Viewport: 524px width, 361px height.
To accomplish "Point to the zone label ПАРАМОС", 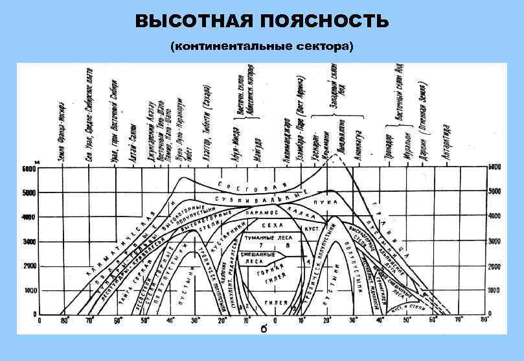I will click(262, 212).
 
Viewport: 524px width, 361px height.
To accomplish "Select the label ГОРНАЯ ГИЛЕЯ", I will click(271, 279).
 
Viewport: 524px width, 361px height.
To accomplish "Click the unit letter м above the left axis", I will click(37, 161).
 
